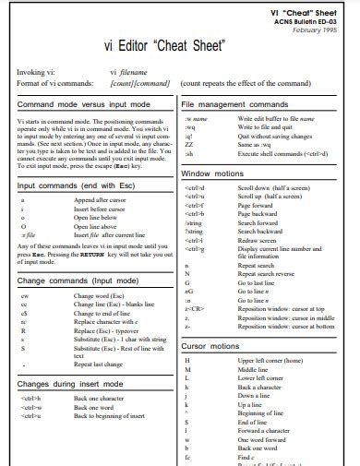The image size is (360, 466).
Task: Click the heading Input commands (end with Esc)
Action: [77, 185]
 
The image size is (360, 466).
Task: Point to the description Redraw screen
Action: [258, 214]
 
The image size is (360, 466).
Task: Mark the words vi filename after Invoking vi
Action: [129, 70]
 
